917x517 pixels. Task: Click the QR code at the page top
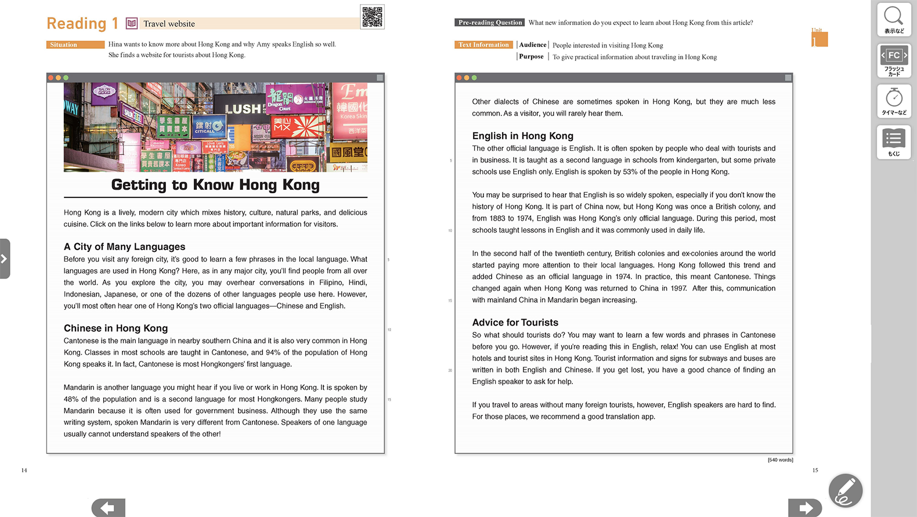(372, 17)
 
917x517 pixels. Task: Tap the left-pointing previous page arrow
(108, 508)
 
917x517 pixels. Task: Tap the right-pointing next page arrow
(805, 508)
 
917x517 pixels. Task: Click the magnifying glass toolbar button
(894, 19)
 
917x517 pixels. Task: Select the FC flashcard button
(894, 60)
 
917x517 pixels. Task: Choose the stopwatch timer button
(894, 101)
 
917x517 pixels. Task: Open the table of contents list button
(894, 142)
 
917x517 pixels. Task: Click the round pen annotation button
(846, 490)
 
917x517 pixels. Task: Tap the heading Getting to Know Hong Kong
(215, 185)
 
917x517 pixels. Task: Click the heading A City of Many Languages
(125, 247)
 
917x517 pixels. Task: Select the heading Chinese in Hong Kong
(116, 328)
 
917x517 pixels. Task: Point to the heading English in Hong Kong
(523, 136)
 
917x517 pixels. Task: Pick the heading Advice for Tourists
(515, 323)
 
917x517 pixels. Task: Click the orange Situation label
(75, 45)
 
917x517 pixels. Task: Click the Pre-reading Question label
(490, 23)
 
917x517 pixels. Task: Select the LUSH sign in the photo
(243, 109)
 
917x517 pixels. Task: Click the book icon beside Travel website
(132, 23)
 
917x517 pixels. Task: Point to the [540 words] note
(780, 460)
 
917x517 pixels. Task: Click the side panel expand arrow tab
(5, 259)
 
